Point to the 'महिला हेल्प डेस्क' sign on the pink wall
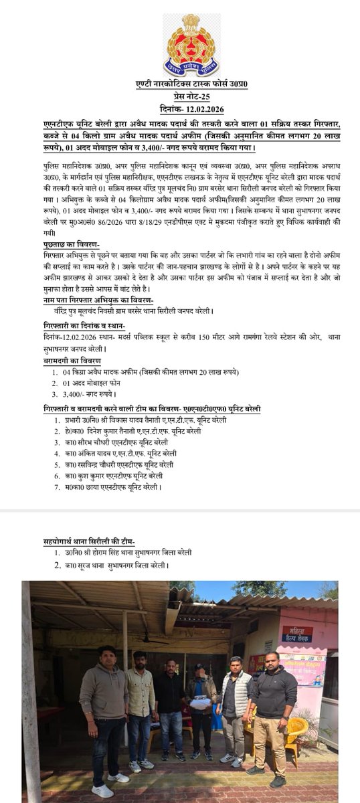pyautogui.click(x=297, y=634)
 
